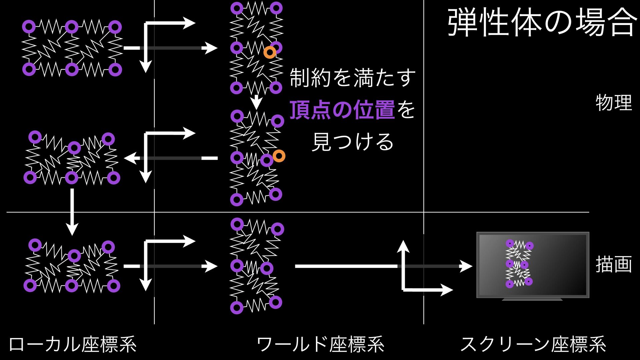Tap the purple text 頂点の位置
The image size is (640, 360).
(342, 110)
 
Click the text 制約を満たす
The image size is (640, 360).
(353, 78)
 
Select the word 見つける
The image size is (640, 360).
(353, 142)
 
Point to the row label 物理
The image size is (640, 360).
(614, 103)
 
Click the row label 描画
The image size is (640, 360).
(614, 264)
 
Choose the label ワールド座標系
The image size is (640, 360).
(320, 344)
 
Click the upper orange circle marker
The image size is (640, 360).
(270, 52)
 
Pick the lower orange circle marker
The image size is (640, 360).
(279, 156)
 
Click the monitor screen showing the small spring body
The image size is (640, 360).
(533, 265)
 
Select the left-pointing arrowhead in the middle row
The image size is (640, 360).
(130, 158)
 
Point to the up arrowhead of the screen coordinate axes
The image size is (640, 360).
(403, 246)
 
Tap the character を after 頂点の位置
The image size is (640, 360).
(406, 110)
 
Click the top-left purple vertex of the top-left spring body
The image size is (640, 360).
(29, 27)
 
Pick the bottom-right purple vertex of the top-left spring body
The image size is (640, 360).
(115, 70)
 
